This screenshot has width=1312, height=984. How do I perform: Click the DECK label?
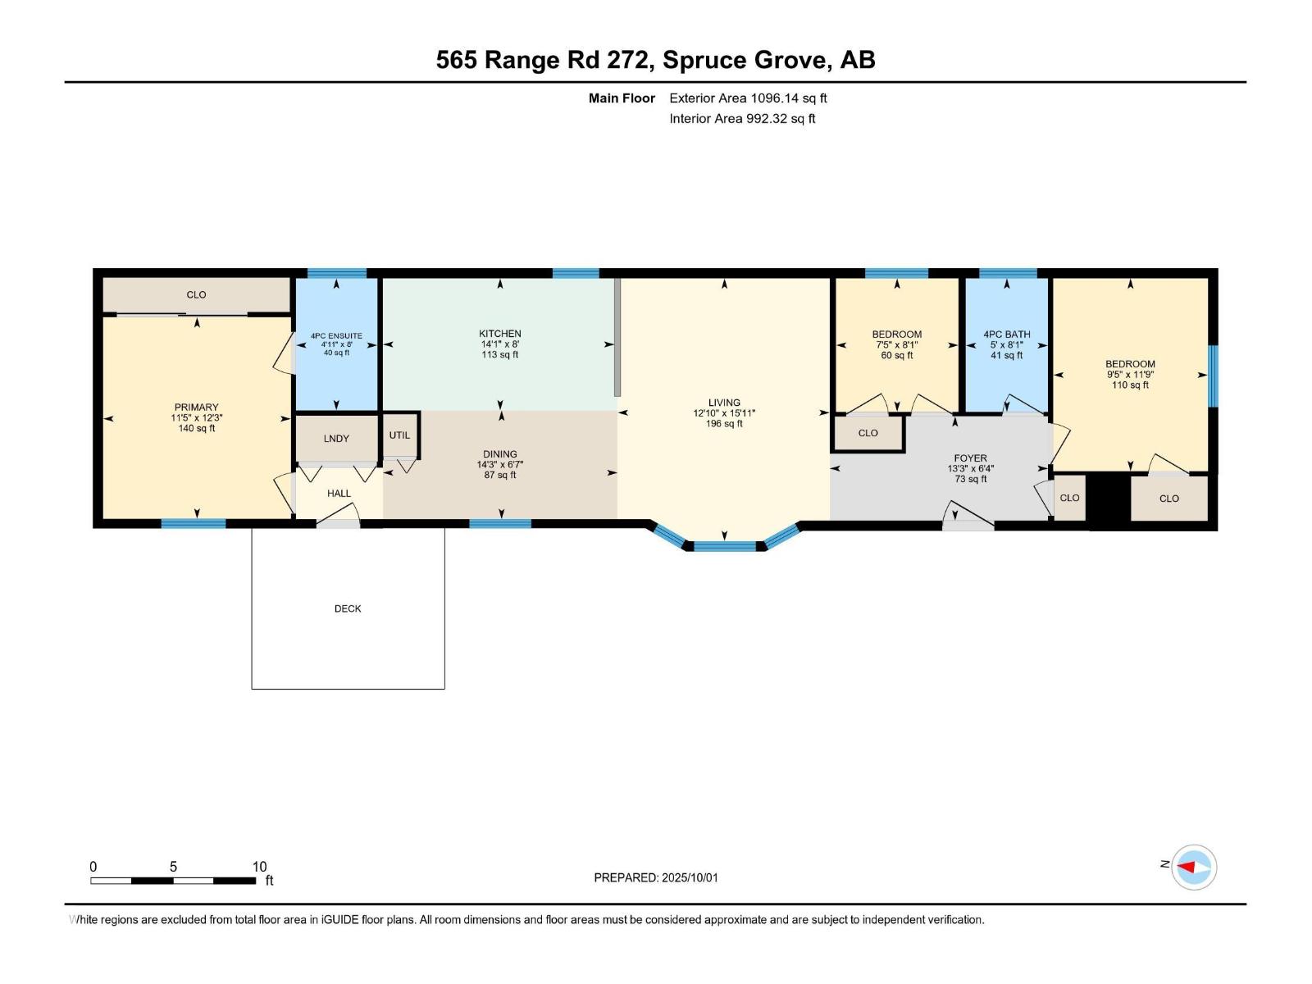click(x=348, y=608)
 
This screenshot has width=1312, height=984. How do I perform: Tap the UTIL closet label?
click(x=399, y=435)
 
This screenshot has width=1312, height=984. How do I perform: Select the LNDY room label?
click(x=336, y=439)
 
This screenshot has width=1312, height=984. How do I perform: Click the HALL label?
click(x=339, y=493)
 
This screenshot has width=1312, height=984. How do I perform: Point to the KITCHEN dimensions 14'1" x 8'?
click(x=500, y=344)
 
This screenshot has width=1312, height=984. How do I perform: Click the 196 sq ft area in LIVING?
click(x=724, y=424)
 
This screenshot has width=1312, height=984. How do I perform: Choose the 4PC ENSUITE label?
click(x=336, y=335)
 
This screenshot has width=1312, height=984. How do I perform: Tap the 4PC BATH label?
click(x=1007, y=334)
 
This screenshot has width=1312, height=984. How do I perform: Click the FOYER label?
click(x=971, y=458)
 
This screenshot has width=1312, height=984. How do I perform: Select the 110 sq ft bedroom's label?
click(x=1130, y=364)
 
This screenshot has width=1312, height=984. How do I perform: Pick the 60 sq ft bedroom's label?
click(x=897, y=334)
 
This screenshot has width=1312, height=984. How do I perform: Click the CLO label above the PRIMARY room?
click(x=196, y=294)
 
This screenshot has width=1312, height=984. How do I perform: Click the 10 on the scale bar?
click(x=259, y=867)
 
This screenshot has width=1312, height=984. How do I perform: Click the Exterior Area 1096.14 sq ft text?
click(x=748, y=98)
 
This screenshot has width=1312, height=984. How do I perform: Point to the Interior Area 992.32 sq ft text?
click(x=742, y=118)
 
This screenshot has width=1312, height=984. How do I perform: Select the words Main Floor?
click(x=622, y=98)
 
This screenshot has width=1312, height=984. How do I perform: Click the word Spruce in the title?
click(x=706, y=60)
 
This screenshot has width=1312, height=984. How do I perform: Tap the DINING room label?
click(x=500, y=453)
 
